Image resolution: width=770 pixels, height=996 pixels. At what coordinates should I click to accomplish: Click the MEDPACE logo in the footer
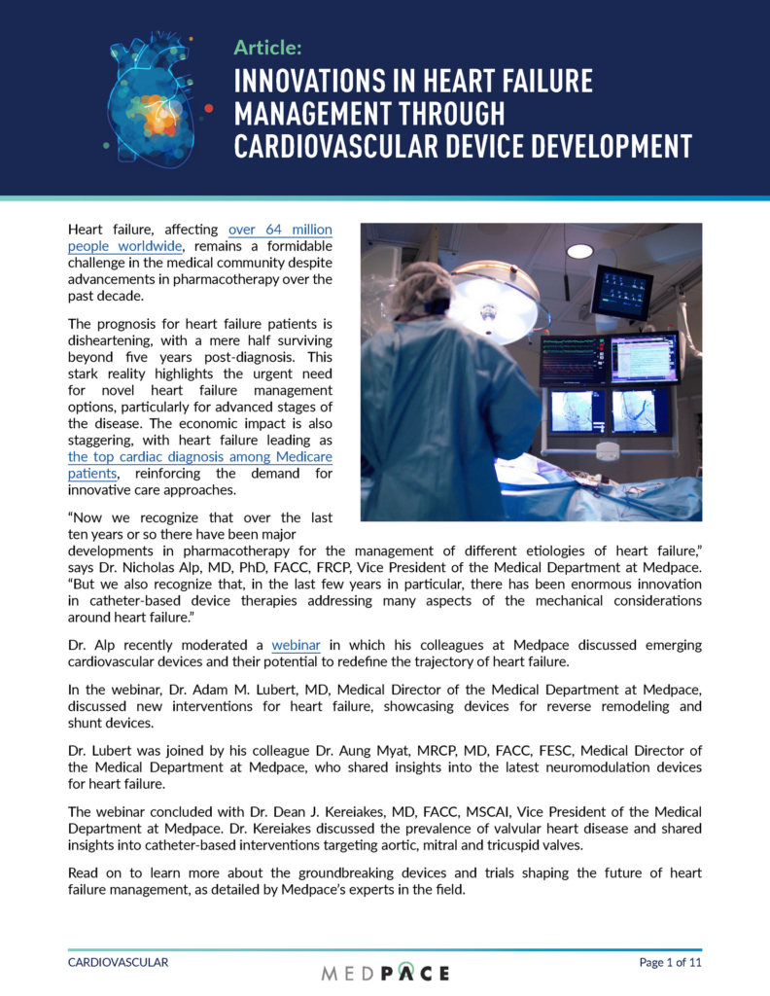tap(385, 972)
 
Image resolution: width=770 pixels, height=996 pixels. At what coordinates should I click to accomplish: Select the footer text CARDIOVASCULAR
tap(118, 962)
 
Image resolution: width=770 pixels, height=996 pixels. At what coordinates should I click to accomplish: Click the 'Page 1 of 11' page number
tap(670, 962)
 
